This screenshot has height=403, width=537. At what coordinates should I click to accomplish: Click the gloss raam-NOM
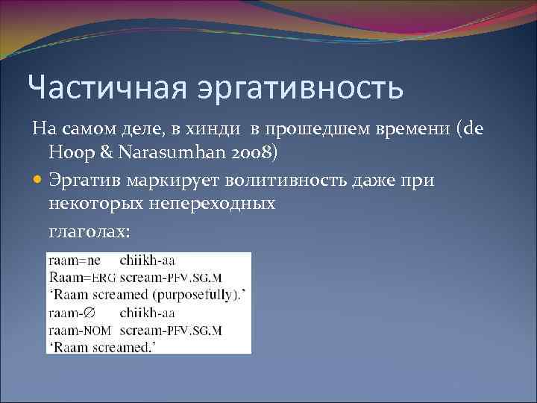(x=80, y=330)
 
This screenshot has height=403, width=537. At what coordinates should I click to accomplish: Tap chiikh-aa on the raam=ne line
(x=147, y=261)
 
